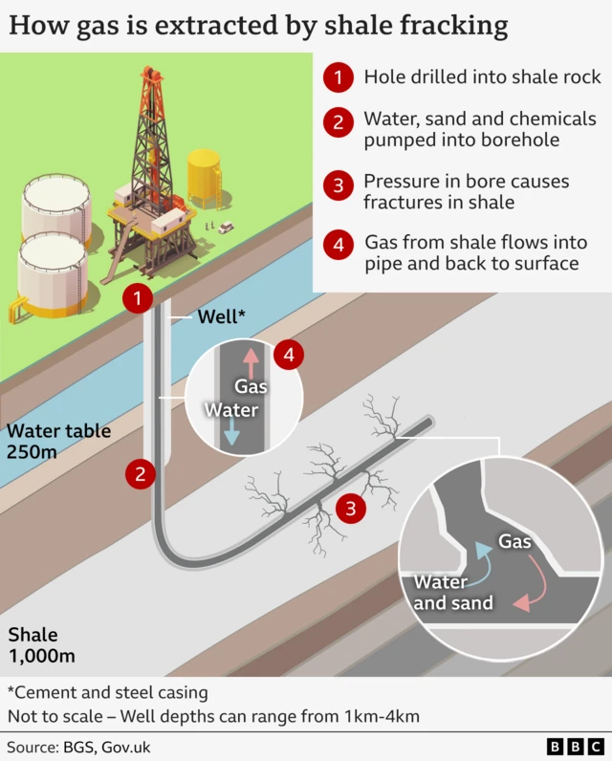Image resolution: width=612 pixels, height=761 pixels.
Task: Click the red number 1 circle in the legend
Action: (339, 77)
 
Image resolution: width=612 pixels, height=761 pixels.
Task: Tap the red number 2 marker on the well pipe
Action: (141, 473)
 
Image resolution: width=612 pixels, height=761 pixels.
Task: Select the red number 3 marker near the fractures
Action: (350, 509)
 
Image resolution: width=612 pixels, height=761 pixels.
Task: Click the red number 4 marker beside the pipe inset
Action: (289, 355)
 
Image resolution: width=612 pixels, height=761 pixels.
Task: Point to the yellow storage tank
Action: (205, 178)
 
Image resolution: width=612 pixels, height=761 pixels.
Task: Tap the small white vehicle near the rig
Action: (226, 227)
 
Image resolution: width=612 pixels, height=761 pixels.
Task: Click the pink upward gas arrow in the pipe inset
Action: (251, 362)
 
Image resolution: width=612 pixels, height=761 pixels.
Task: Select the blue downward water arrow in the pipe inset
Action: (231, 431)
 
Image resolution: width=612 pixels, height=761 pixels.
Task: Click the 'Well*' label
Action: (221, 316)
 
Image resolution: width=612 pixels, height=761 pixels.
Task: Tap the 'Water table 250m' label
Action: (58, 441)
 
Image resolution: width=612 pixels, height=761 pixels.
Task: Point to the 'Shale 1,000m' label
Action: (42, 645)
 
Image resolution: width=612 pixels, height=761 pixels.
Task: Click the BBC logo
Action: (575, 747)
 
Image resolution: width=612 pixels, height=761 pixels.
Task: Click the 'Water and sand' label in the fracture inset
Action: (453, 592)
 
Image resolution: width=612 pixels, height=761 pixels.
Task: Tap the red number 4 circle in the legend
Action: (339, 244)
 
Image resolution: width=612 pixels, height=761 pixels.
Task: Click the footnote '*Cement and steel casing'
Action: (108, 692)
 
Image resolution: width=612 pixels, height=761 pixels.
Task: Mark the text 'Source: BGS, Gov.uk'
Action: (78, 747)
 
